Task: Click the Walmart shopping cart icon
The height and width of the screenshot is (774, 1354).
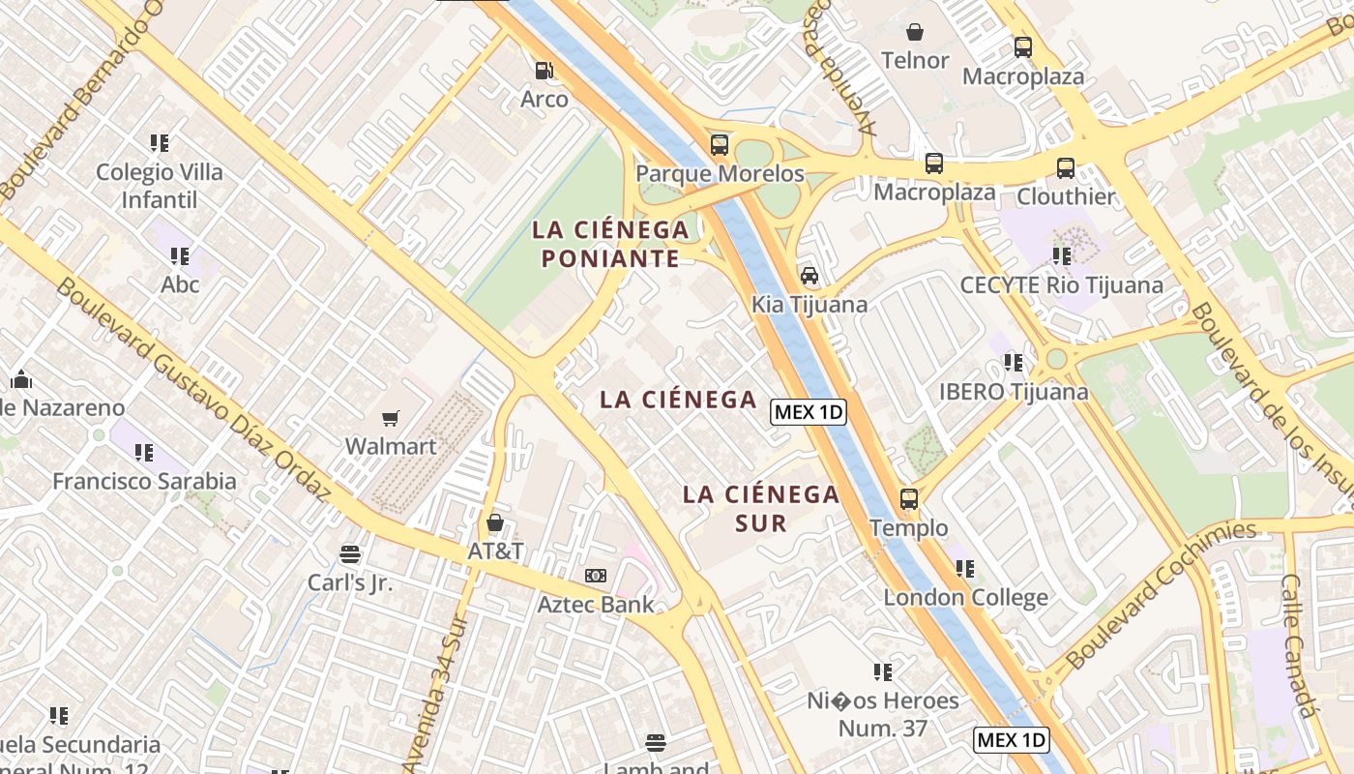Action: pos(390,418)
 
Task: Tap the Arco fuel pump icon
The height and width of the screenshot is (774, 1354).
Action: pos(545,70)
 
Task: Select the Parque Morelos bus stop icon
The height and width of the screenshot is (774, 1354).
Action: pos(719,145)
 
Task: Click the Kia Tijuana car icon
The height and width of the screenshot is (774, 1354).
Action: pos(809,276)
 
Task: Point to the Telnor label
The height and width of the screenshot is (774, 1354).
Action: pos(915,60)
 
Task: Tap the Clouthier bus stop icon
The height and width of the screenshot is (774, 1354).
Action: pos(1065,168)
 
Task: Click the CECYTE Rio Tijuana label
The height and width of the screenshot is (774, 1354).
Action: pos(1061,285)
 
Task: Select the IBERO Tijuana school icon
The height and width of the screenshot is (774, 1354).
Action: pos(1013,363)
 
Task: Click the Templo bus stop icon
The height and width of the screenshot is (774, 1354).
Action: pos(909,499)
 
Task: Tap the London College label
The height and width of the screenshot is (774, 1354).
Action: pos(965,597)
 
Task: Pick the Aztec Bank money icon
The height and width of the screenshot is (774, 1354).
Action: pos(596,576)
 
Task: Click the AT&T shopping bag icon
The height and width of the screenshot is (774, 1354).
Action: pos(495,523)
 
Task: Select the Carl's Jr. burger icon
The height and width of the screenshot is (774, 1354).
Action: pos(350,554)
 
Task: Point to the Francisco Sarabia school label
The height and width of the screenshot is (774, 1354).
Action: pos(144,481)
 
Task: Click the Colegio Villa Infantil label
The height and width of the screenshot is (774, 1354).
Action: pos(160,186)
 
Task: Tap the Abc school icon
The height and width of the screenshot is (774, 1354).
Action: pos(180,256)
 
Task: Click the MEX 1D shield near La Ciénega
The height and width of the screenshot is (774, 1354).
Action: pos(809,412)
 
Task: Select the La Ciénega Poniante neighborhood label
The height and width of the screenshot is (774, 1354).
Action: pos(610,244)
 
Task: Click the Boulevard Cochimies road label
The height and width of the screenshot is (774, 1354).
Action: pos(1161,597)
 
